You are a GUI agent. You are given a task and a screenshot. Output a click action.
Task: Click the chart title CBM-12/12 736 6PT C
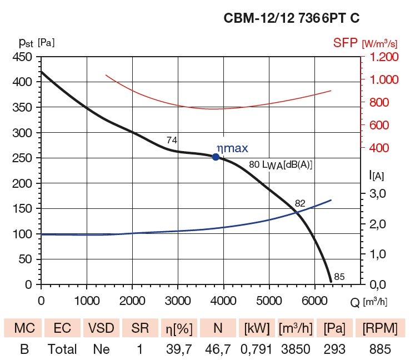point(291,18)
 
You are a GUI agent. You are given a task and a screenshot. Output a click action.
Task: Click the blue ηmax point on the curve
point(216,157)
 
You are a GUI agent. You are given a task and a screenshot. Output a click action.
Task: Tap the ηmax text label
point(232,148)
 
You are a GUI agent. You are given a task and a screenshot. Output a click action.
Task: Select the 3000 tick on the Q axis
point(178,301)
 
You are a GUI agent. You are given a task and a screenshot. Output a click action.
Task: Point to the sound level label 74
point(172,140)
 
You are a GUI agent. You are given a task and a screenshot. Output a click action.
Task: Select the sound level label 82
point(300,203)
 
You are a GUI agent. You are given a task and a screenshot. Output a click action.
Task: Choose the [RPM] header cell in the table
point(379,328)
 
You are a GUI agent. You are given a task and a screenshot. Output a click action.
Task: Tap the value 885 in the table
point(379,349)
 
